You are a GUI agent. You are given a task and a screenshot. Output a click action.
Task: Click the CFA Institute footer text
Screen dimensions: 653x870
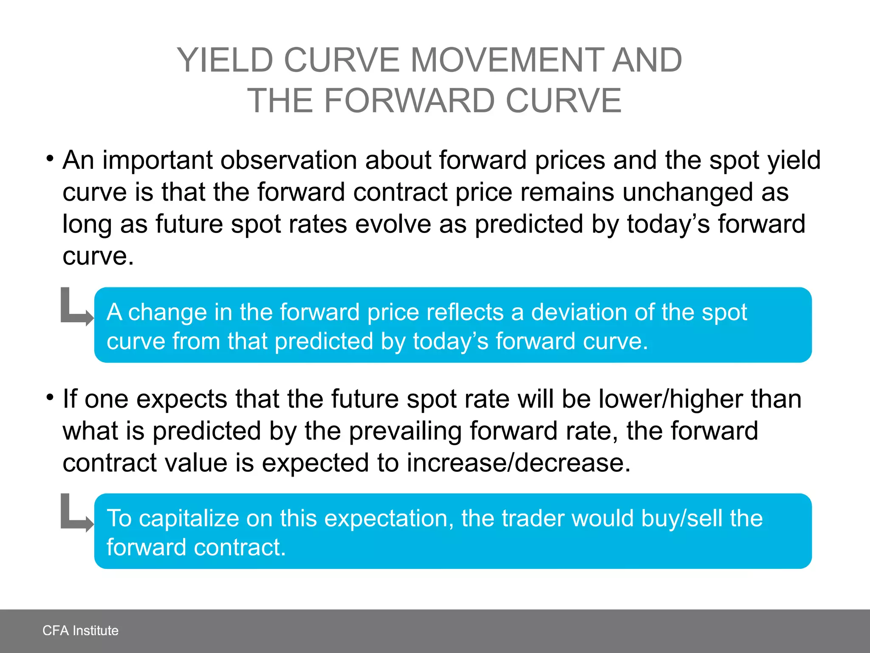pos(80,630)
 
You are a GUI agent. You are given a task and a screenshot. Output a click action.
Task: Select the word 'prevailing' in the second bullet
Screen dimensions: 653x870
pos(405,431)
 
